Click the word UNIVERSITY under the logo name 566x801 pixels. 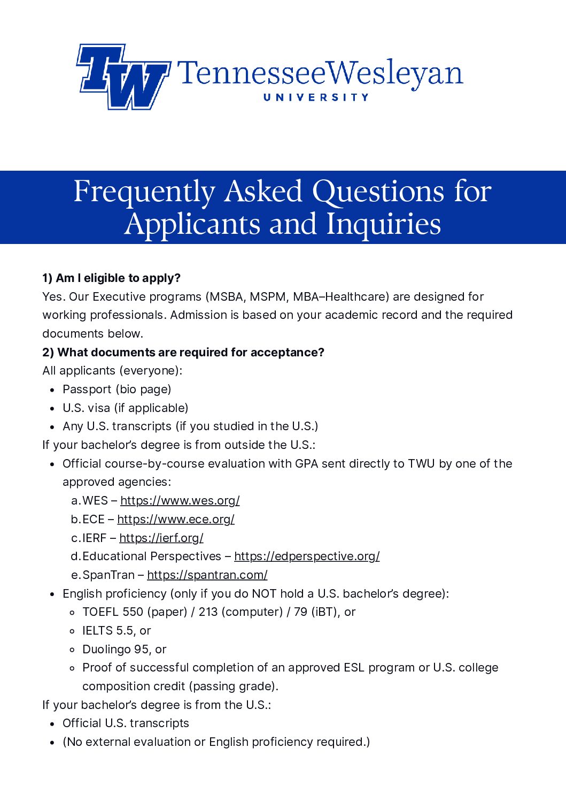pos(316,97)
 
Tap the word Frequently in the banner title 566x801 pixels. pos(144,192)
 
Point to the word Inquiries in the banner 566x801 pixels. pos(383,224)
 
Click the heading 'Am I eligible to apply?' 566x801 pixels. pos(118,278)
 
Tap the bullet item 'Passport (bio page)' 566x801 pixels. pos(117,390)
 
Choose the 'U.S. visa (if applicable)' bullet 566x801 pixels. pos(125,408)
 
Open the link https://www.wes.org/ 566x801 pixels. pos(180,501)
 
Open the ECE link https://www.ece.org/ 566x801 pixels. pos(175,520)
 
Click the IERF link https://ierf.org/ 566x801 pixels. pos(161,538)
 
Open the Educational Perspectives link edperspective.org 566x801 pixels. pos(307,556)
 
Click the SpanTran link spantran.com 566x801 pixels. pos(207,575)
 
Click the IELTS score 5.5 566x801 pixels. pos(125,631)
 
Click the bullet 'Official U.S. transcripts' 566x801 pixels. pos(126,723)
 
